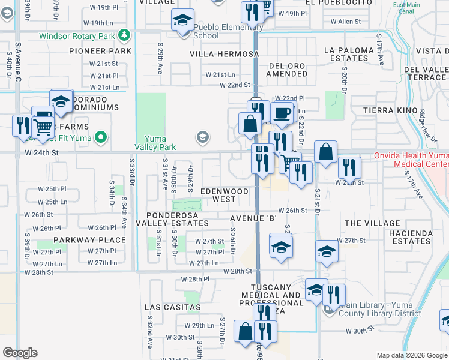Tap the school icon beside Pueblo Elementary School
[x=182, y=20]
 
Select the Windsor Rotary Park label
[x=77, y=36]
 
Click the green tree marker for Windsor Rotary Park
[x=124, y=35]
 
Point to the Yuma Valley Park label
[x=155, y=143]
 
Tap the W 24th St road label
[x=42, y=154]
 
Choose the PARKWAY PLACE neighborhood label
[x=89, y=240]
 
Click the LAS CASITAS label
[x=173, y=307]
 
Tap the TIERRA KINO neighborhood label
[x=391, y=111]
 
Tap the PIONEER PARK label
[x=100, y=52]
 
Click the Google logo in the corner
[x=20, y=353]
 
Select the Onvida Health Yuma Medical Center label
[x=420, y=159]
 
